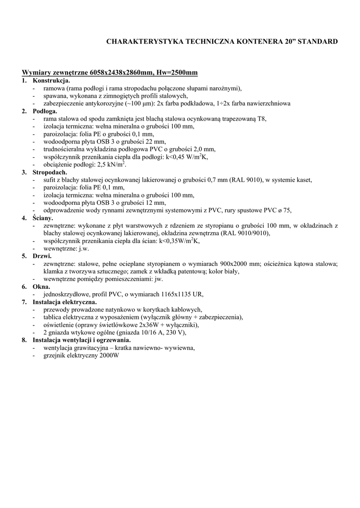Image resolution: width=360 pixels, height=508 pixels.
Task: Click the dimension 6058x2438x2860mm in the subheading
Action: (122, 73)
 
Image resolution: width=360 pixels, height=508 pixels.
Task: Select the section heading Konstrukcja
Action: (52, 80)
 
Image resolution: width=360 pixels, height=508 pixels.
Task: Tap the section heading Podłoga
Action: (45, 111)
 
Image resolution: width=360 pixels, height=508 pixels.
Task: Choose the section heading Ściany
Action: (43, 218)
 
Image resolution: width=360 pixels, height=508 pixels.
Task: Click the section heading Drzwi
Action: (42, 256)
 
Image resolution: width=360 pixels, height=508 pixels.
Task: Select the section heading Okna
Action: (41, 287)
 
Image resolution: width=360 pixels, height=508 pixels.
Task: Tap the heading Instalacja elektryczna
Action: (65, 302)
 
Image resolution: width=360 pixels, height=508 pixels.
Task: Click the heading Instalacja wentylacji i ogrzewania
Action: (82, 340)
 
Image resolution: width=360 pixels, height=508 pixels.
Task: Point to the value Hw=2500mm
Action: (177, 73)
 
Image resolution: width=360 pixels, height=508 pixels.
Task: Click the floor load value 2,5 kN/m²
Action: (112, 164)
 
